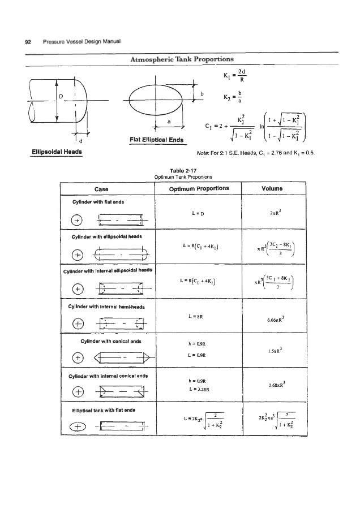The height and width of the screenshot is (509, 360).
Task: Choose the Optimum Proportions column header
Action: coord(198,188)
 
